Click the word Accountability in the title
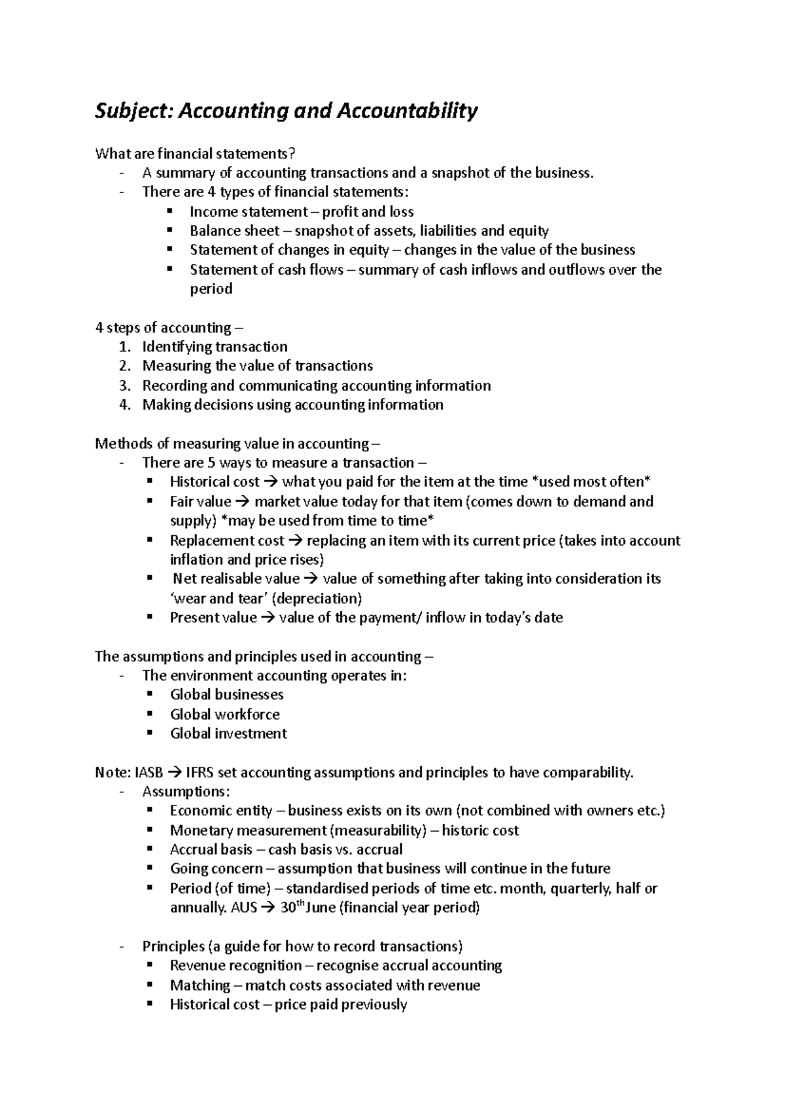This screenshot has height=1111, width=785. click(407, 111)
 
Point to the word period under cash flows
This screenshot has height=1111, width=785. click(211, 289)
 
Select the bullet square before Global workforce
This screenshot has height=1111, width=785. click(150, 714)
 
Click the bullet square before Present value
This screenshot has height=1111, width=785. click(150, 617)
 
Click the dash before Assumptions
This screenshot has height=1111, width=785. click(122, 792)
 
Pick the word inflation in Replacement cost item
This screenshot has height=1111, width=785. click(196, 560)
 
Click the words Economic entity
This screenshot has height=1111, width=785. click(220, 811)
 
